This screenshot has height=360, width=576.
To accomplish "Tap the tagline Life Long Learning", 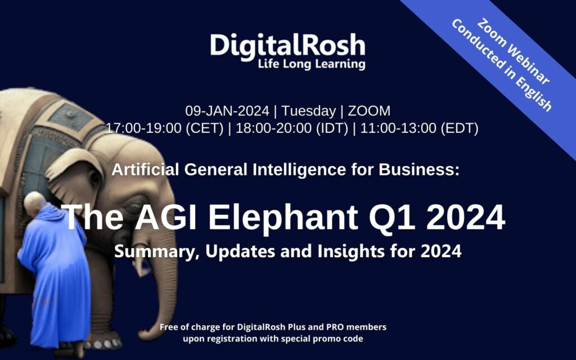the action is pyautogui.click(x=312, y=64).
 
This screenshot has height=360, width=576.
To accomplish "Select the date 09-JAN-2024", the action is pyautogui.click(x=227, y=111).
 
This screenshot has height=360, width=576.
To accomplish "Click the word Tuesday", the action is pyautogui.click(x=309, y=111).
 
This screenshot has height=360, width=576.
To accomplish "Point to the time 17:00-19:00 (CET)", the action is pyautogui.click(x=165, y=128).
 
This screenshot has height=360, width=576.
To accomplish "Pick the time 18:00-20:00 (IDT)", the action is pyautogui.click(x=292, y=128).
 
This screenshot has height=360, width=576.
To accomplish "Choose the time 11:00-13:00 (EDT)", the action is pyautogui.click(x=419, y=128).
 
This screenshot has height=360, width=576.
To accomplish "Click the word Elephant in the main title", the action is pyautogui.click(x=283, y=218).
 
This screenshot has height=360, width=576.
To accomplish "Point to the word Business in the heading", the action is pyautogui.click(x=419, y=170).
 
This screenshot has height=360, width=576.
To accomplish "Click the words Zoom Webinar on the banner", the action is pyautogui.click(x=513, y=51).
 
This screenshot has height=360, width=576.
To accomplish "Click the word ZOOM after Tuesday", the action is pyautogui.click(x=369, y=111).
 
